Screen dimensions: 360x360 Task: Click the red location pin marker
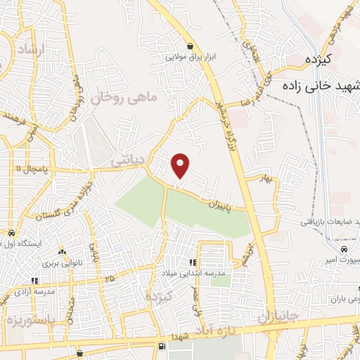pyautogui.click(x=181, y=165)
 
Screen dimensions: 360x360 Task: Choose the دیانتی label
pyautogui.click(x=128, y=162)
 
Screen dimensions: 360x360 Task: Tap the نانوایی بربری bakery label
pyautogui.click(x=62, y=262)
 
